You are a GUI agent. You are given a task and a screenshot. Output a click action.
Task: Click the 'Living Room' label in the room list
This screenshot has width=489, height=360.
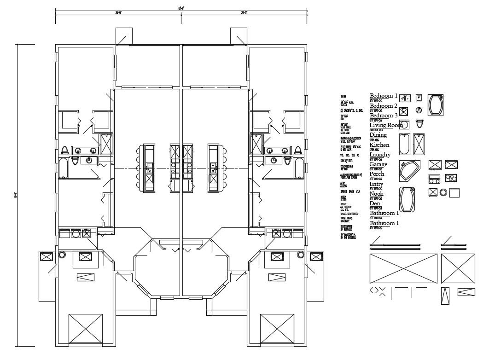386,125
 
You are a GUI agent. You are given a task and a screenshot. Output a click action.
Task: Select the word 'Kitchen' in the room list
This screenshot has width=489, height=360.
379,145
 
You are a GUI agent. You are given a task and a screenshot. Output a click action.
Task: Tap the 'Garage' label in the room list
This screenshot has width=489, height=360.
378,164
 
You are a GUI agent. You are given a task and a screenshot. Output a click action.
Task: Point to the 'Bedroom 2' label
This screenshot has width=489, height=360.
384,106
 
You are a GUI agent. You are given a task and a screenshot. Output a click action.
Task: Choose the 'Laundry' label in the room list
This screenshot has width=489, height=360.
380,155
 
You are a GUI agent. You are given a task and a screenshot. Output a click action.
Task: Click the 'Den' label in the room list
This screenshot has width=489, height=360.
375,203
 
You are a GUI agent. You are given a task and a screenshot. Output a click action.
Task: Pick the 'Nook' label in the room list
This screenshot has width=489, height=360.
376,194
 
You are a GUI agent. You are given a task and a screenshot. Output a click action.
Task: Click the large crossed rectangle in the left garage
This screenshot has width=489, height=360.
86,330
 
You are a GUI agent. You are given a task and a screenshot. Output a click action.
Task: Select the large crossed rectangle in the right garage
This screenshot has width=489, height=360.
277,330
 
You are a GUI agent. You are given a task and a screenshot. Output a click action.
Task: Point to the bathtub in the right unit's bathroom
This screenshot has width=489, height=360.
299,169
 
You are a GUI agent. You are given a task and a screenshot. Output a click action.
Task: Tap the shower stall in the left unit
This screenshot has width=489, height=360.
106,144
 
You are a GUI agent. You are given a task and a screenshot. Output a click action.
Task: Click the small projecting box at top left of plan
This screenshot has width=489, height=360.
123,36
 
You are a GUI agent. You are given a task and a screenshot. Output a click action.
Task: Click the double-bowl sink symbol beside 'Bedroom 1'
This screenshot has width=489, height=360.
405,98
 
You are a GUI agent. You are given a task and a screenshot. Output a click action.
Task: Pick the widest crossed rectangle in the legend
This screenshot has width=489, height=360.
403,268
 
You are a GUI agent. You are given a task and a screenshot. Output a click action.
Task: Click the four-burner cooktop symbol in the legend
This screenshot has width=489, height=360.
451,178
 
